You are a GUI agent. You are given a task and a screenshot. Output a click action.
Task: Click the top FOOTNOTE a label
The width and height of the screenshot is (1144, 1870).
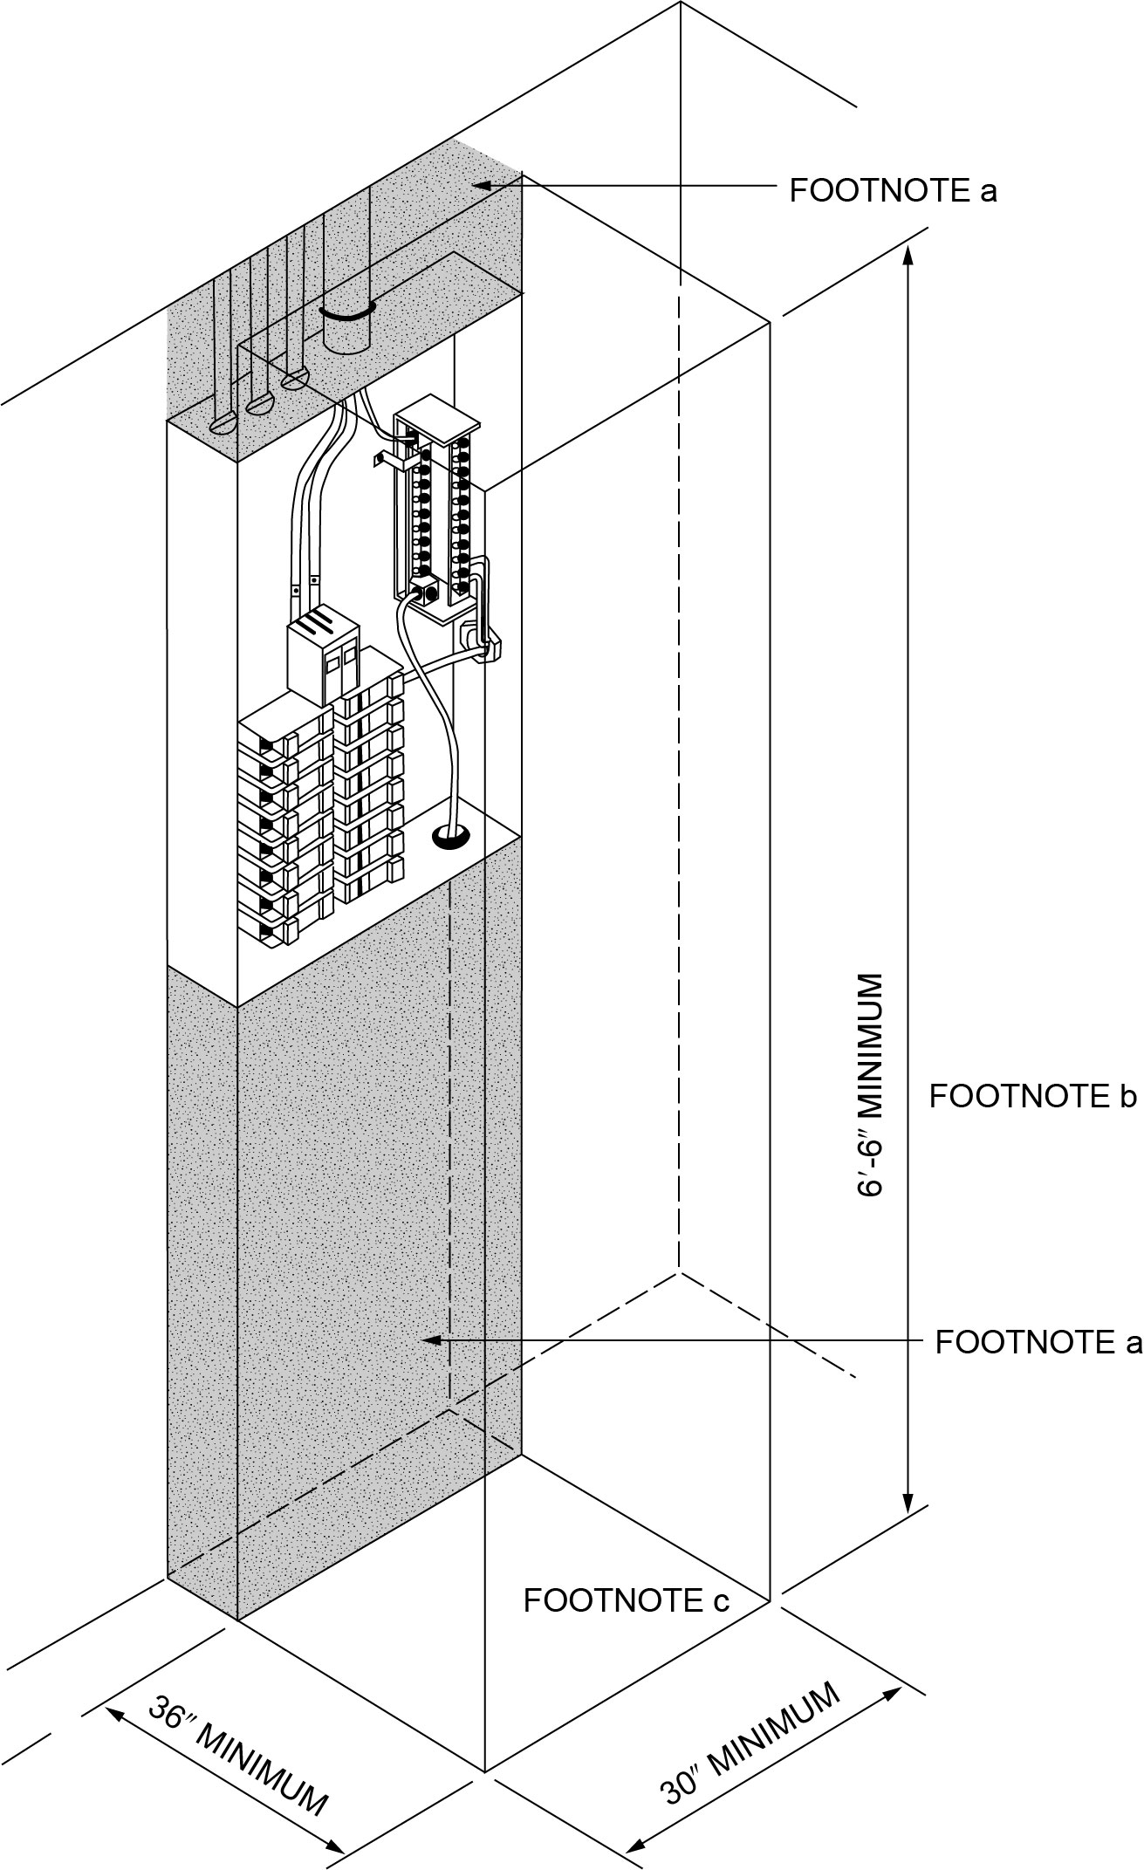893,190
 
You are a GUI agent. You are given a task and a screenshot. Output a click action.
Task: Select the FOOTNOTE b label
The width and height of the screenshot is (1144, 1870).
1032,1096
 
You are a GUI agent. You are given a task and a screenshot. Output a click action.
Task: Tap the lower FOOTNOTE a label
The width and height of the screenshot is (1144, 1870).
1038,1342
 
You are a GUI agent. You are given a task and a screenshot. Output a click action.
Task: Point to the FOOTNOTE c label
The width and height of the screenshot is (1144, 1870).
626,1600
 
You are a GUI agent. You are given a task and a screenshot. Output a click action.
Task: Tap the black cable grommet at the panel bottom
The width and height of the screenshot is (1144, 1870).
450,839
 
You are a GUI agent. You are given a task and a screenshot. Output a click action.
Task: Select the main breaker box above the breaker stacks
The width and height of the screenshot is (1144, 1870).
322,657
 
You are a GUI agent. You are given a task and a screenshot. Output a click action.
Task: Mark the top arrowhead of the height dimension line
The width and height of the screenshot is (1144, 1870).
908,255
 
